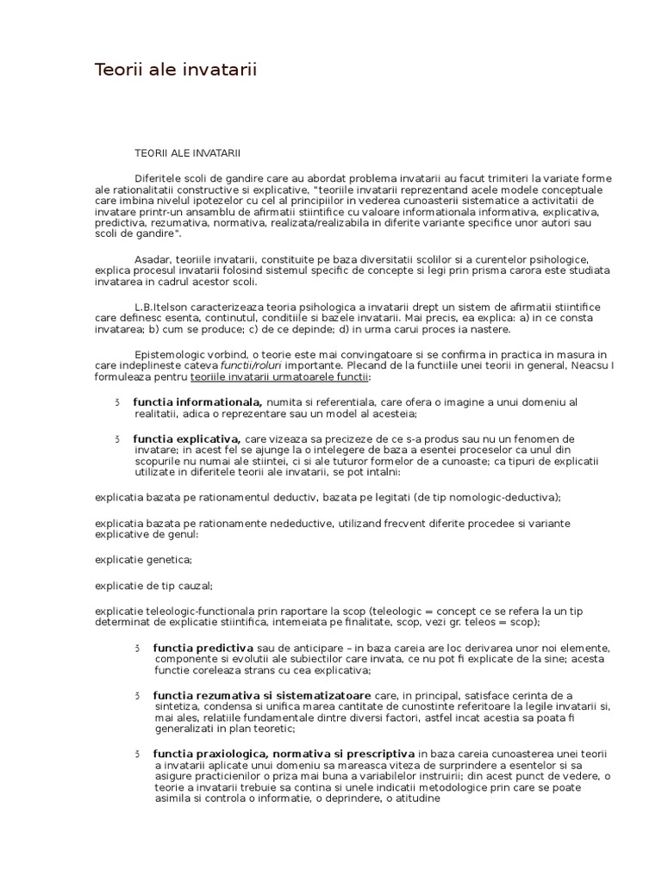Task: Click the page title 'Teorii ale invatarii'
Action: [176, 69]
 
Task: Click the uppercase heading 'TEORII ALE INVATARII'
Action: [187, 152]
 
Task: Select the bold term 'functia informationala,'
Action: [197, 401]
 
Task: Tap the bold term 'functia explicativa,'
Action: [187, 439]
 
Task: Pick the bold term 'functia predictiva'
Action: [203, 648]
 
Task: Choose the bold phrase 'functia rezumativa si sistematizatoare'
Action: [262, 695]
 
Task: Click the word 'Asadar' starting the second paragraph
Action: [152, 259]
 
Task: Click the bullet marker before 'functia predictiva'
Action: [137, 648]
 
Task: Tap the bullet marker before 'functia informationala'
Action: [116, 401]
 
